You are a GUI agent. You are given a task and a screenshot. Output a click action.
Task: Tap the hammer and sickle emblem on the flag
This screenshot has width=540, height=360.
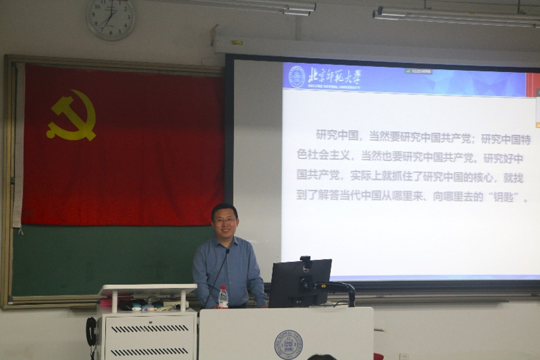[71, 115]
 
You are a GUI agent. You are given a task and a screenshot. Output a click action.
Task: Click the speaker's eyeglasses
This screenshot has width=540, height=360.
[225, 220]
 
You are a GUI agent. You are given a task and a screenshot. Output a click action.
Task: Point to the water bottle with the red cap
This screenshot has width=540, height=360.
[223, 297]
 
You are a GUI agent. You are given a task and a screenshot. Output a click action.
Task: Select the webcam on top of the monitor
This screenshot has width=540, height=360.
[305, 262]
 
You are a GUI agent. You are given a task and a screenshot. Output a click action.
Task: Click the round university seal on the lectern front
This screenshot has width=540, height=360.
[288, 344]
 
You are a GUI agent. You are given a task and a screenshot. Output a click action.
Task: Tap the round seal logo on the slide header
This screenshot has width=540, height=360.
[297, 76]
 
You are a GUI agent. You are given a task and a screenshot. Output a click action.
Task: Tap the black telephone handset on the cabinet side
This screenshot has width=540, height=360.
[91, 332]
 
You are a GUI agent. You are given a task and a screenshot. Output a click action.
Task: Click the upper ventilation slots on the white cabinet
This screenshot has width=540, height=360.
[149, 329]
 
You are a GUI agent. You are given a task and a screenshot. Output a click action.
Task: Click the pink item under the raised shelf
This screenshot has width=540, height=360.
[108, 303]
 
